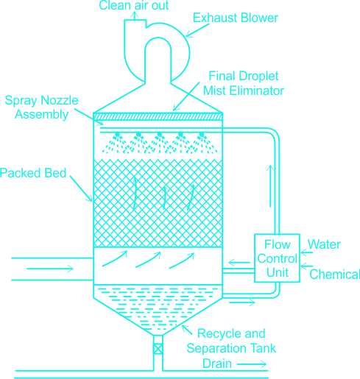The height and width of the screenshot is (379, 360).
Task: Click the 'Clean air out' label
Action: coord(134,5)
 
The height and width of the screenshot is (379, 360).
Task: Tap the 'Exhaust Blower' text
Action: coord(236,18)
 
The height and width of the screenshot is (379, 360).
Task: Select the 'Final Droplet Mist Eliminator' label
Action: coord(244,83)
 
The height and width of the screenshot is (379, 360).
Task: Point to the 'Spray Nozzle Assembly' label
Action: coord(41,107)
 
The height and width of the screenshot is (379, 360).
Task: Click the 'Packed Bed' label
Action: coord(33,173)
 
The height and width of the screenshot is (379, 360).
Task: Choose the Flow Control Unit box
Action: coord(277,258)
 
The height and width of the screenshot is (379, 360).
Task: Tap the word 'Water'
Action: coord(324,244)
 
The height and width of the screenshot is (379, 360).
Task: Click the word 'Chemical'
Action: coord(335,274)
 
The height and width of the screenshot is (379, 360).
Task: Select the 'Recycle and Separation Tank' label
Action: coord(231,341)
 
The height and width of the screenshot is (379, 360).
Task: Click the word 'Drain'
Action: coord(217,364)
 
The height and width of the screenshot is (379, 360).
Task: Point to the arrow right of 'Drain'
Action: coord(252,364)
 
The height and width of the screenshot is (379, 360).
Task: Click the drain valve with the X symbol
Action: coord(158,349)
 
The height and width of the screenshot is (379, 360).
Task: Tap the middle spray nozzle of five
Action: coord(160,135)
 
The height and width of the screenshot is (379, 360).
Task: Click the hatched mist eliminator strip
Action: coord(158,116)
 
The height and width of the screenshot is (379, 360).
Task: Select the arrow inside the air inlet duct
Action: coord(50,269)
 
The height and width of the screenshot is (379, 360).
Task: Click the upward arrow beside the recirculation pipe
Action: coord(270,186)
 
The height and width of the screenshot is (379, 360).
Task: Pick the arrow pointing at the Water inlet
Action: coord(306,252)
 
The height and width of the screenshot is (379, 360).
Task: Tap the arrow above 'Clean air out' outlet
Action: coord(134,15)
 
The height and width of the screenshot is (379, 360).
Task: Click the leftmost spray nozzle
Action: coord(117,135)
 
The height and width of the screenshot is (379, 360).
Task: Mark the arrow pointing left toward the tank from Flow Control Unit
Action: coord(239,263)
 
